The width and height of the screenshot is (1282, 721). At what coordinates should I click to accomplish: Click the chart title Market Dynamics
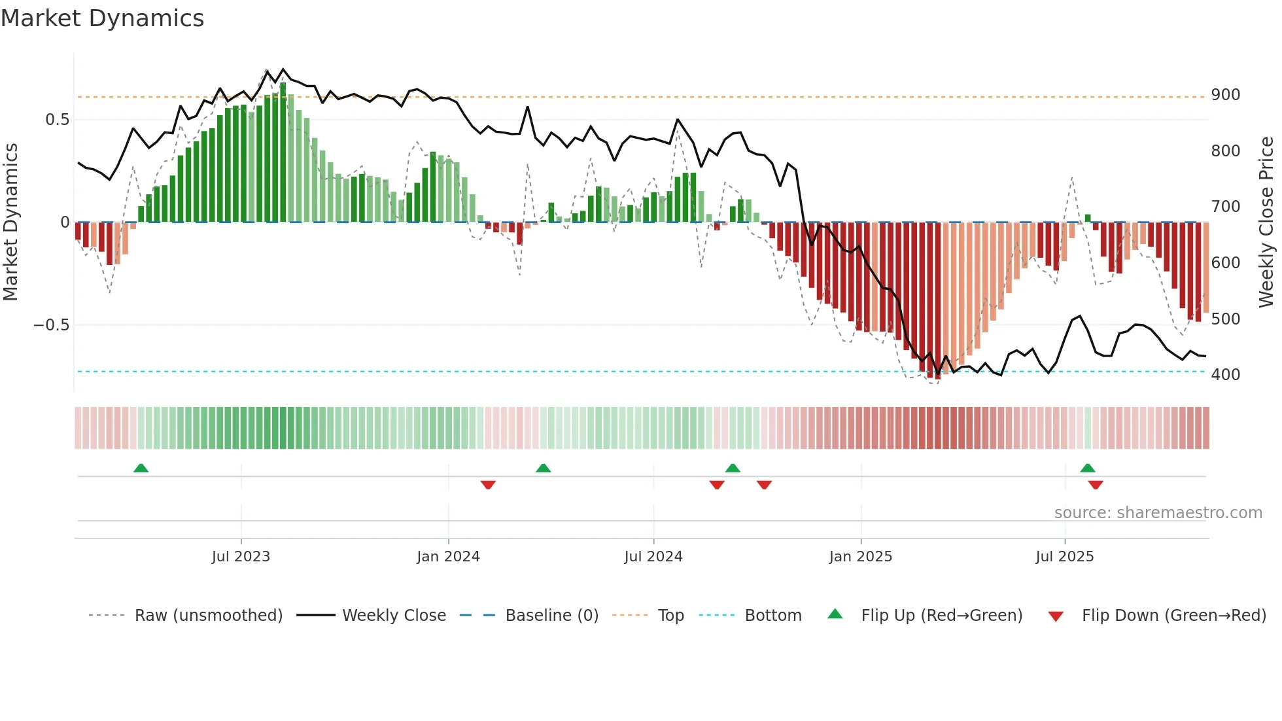click(x=103, y=18)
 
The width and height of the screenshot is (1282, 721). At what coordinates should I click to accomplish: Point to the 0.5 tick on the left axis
click(x=57, y=120)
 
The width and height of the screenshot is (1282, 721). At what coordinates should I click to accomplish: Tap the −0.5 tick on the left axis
click(x=52, y=325)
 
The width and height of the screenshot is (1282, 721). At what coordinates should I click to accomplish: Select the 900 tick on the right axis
click(x=1225, y=95)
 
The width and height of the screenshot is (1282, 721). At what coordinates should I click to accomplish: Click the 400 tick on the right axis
click(x=1225, y=375)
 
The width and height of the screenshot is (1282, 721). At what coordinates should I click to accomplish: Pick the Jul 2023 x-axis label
click(x=241, y=557)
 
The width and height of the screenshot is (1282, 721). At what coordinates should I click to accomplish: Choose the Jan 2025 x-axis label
click(x=860, y=557)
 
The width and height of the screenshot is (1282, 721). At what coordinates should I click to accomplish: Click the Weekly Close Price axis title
click(x=1266, y=222)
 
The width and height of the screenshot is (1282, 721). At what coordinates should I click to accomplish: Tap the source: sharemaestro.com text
click(x=1158, y=513)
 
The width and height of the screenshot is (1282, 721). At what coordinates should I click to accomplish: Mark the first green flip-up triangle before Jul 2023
click(x=141, y=468)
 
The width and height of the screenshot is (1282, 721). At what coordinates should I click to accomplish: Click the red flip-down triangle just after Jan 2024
click(x=488, y=485)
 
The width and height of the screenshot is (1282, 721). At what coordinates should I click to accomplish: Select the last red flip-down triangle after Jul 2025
click(x=1096, y=485)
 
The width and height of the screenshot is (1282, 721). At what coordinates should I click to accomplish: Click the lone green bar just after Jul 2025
click(x=1088, y=219)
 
